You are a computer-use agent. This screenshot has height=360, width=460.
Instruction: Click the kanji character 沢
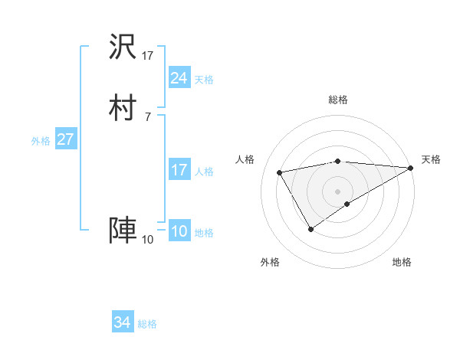point(123,47)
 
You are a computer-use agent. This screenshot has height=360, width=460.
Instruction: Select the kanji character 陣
point(123,230)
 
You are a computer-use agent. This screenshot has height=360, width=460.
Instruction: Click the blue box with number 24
point(179,77)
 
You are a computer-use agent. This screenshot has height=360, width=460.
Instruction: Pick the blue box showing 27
point(65,140)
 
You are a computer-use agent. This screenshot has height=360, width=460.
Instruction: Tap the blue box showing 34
point(122,322)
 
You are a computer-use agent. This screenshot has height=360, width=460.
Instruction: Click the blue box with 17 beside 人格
point(179,170)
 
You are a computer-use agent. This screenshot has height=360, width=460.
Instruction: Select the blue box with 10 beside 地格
point(179,231)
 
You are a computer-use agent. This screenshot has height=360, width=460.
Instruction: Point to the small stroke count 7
point(147,117)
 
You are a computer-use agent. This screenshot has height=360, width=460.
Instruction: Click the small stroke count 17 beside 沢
point(148,56)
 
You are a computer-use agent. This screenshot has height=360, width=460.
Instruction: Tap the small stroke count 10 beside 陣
point(147,240)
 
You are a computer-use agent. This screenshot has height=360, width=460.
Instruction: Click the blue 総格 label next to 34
point(147,324)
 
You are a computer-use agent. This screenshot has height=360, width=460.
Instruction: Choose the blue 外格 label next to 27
point(41,141)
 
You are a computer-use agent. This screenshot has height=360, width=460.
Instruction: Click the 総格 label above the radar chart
point(338,100)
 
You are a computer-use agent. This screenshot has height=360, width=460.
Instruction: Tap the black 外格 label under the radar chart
point(270,263)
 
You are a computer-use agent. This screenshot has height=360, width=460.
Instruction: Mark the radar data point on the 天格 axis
point(412,168)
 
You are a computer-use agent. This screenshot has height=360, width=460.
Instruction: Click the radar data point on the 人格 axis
point(280,172)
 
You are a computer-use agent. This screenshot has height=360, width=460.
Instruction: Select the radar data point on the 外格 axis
point(310,229)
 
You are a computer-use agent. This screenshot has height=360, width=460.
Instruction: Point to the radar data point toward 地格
point(347,204)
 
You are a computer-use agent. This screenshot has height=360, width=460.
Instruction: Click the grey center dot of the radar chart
point(338,191)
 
